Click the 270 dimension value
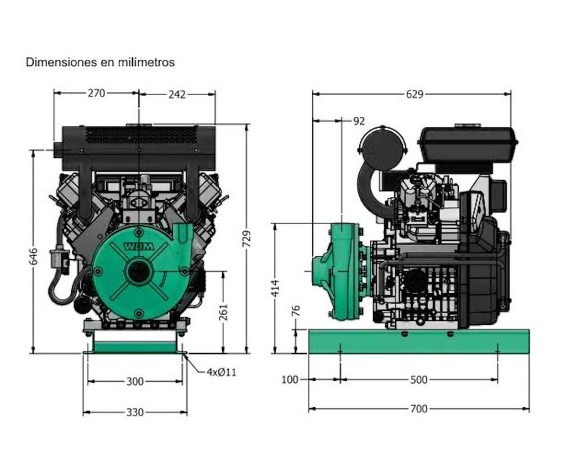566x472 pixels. click(x=96, y=94)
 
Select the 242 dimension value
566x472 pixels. click(x=177, y=95)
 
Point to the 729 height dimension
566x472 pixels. click(x=247, y=238)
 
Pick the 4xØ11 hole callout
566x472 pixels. click(x=221, y=372)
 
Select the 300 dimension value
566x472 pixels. click(x=135, y=381)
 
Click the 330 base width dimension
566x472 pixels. click(x=135, y=412)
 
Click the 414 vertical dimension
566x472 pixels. click(x=275, y=288)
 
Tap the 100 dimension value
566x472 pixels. click(x=290, y=380)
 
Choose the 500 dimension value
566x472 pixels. click(x=419, y=380)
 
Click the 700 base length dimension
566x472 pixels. click(x=419, y=409)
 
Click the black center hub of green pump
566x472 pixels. click(x=139, y=272)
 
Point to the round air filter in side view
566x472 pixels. click(x=382, y=148)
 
